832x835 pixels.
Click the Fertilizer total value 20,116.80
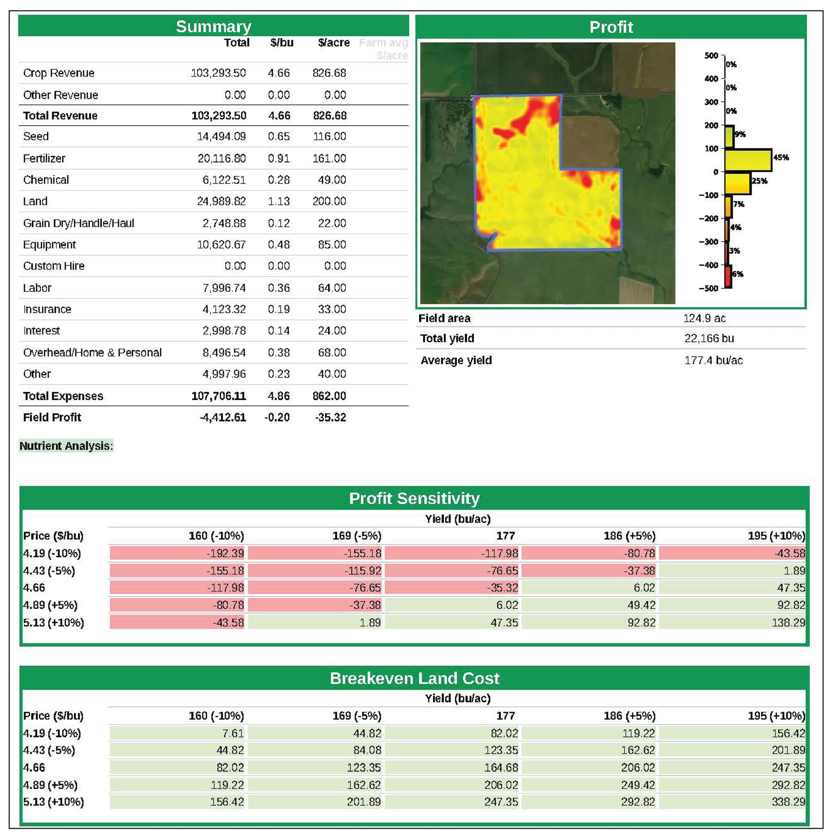point(221,158)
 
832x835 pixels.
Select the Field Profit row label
point(52,417)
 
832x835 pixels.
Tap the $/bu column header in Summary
point(282,43)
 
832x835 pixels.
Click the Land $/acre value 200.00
point(329,201)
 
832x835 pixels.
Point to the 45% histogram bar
point(748,160)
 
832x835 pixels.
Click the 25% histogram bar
point(738,184)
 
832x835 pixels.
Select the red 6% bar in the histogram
point(728,277)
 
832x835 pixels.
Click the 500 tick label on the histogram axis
point(711,56)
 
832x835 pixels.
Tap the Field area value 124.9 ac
point(704,318)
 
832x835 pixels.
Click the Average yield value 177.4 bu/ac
point(713,361)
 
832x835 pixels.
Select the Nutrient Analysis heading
point(66,446)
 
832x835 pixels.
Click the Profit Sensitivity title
point(414,498)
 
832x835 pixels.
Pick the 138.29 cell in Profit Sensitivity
point(788,623)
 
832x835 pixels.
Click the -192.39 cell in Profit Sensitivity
point(225,553)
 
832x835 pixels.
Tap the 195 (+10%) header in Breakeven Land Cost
point(776,716)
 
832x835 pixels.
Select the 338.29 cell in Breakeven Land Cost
point(788,802)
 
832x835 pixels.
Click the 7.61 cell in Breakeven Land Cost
point(233,733)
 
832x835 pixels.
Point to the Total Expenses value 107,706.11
point(218,396)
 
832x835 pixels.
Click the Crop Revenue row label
point(59,73)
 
